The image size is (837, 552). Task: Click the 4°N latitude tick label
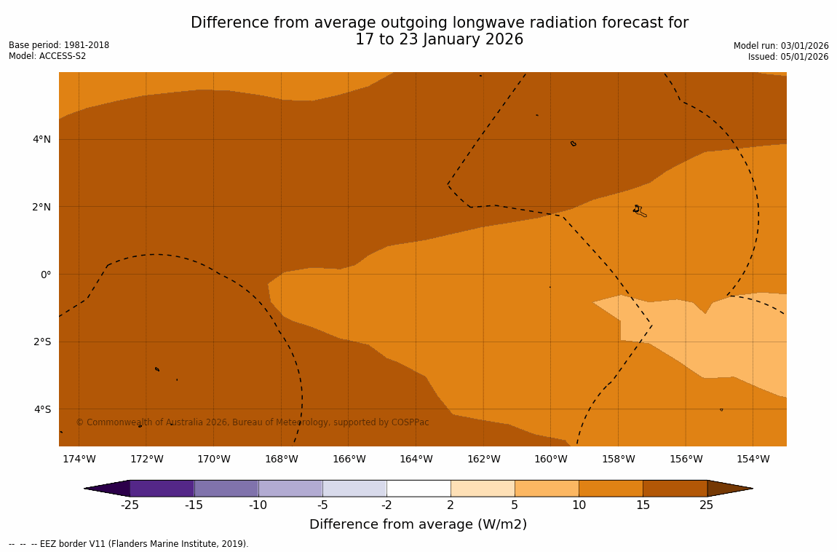click(41, 139)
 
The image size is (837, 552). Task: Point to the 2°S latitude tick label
click(41, 342)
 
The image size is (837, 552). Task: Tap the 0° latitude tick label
click(46, 275)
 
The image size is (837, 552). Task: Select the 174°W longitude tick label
click(79, 459)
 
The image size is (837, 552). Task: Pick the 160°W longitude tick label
click(551, 459)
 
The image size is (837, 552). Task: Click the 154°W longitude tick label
click(753, 459)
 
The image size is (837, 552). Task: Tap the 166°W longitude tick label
click(349, 459)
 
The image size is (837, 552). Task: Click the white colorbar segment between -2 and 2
click(418, 488)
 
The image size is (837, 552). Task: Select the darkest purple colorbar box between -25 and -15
click(162, 488)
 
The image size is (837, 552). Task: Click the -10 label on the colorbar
click(258, 505)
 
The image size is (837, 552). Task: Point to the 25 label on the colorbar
click(706, 505)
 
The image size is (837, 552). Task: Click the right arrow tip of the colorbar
click(750, 488)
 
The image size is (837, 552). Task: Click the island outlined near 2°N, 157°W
click(639, 211)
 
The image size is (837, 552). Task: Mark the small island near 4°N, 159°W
click(574, 143)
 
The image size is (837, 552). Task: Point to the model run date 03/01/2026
click(803, 46)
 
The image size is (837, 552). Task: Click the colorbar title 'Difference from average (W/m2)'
click(418, 524)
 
